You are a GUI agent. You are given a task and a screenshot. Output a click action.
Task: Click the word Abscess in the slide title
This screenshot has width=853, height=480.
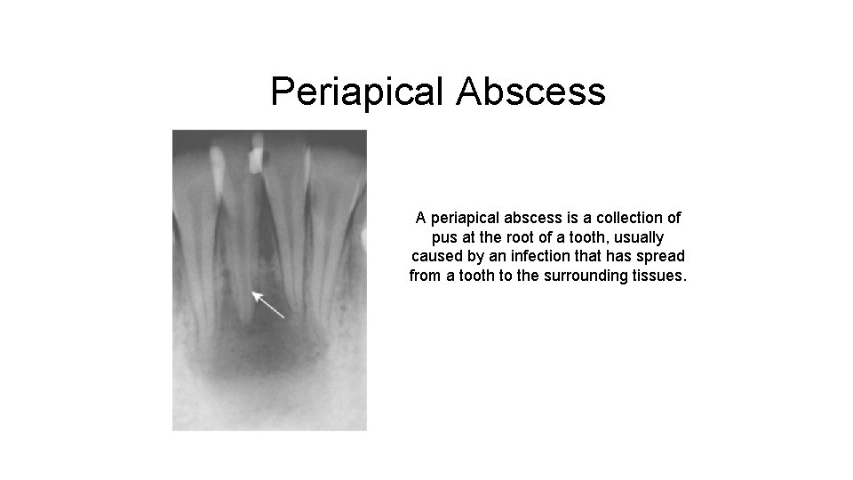click(x=530, y=92)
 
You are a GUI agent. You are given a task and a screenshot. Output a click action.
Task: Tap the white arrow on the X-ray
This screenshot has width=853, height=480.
click(x=267, y=304)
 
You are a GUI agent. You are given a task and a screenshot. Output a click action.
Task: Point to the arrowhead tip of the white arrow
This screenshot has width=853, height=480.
click(x=253, y=292)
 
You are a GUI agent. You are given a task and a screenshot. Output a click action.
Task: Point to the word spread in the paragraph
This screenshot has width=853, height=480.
click(x=663, y=257)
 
